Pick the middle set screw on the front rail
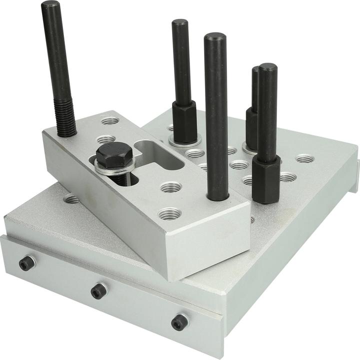pyautogui.click(x=98, y=290)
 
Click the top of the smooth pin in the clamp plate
pyautogui.click(x=215, y=37)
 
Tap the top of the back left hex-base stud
pyautogui.click(x=180, y=22)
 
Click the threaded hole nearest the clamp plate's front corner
pyautogui.click(x=169, y=214)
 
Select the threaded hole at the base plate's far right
pyautogui.click(x=305, y=159)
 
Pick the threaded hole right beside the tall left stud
pyautogui.click(x=110, y=121)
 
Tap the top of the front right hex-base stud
pyautogui.click(x=268, y=67)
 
